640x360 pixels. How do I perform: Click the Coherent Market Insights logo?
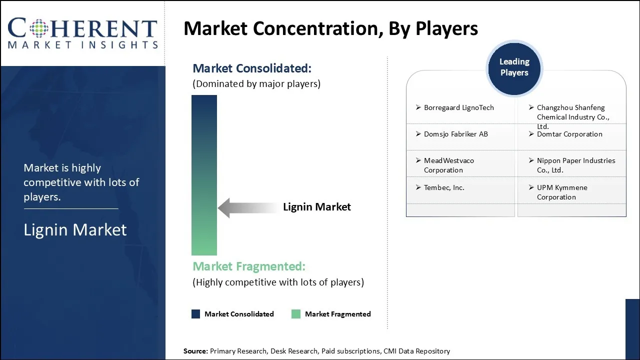click(82, 33)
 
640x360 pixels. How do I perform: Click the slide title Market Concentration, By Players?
click(330, 28)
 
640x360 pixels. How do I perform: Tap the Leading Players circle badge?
click(514, 67)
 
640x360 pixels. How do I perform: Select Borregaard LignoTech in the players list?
click(458, 107)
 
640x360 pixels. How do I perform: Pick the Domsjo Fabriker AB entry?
click(455, 134)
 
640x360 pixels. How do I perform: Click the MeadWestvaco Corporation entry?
click(448, 165)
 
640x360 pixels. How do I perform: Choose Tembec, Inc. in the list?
click(444, 187)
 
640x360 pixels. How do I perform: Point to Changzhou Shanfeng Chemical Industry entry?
click(572, 116)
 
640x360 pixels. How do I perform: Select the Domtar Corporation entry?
click(569, 134)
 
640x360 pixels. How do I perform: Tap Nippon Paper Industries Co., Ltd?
click(575, 165)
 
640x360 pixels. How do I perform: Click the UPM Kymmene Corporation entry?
click(561, 192)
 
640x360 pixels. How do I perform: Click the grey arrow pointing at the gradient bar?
click(247, 207)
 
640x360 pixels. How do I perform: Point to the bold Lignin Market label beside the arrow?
click(317, 207)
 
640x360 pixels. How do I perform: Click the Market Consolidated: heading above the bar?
click(251, 68)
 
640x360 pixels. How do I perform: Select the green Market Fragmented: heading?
click(248, 266)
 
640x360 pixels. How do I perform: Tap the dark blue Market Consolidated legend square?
click(196, 314)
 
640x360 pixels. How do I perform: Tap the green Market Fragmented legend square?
click(296, 314)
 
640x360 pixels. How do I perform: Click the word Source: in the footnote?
click(195, 351)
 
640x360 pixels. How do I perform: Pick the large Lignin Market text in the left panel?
click(75, 229)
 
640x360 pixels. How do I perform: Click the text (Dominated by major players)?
click(256, 84)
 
